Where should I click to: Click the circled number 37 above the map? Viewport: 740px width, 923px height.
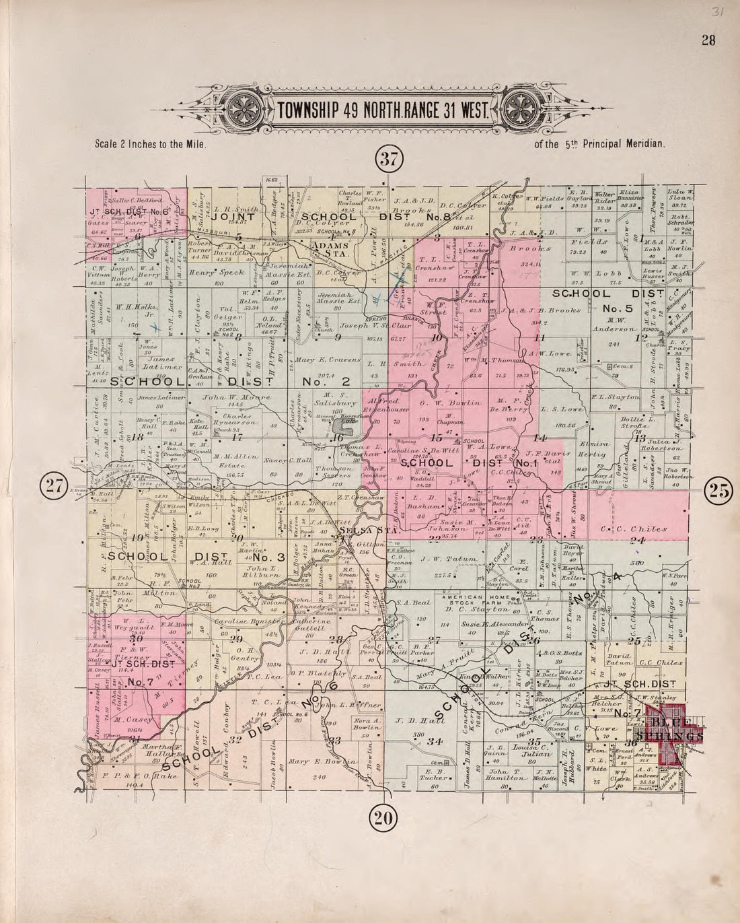[388, 159]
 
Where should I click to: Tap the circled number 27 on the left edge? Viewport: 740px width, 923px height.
[52, 487]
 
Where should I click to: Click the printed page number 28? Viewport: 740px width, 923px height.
[708, 40]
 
